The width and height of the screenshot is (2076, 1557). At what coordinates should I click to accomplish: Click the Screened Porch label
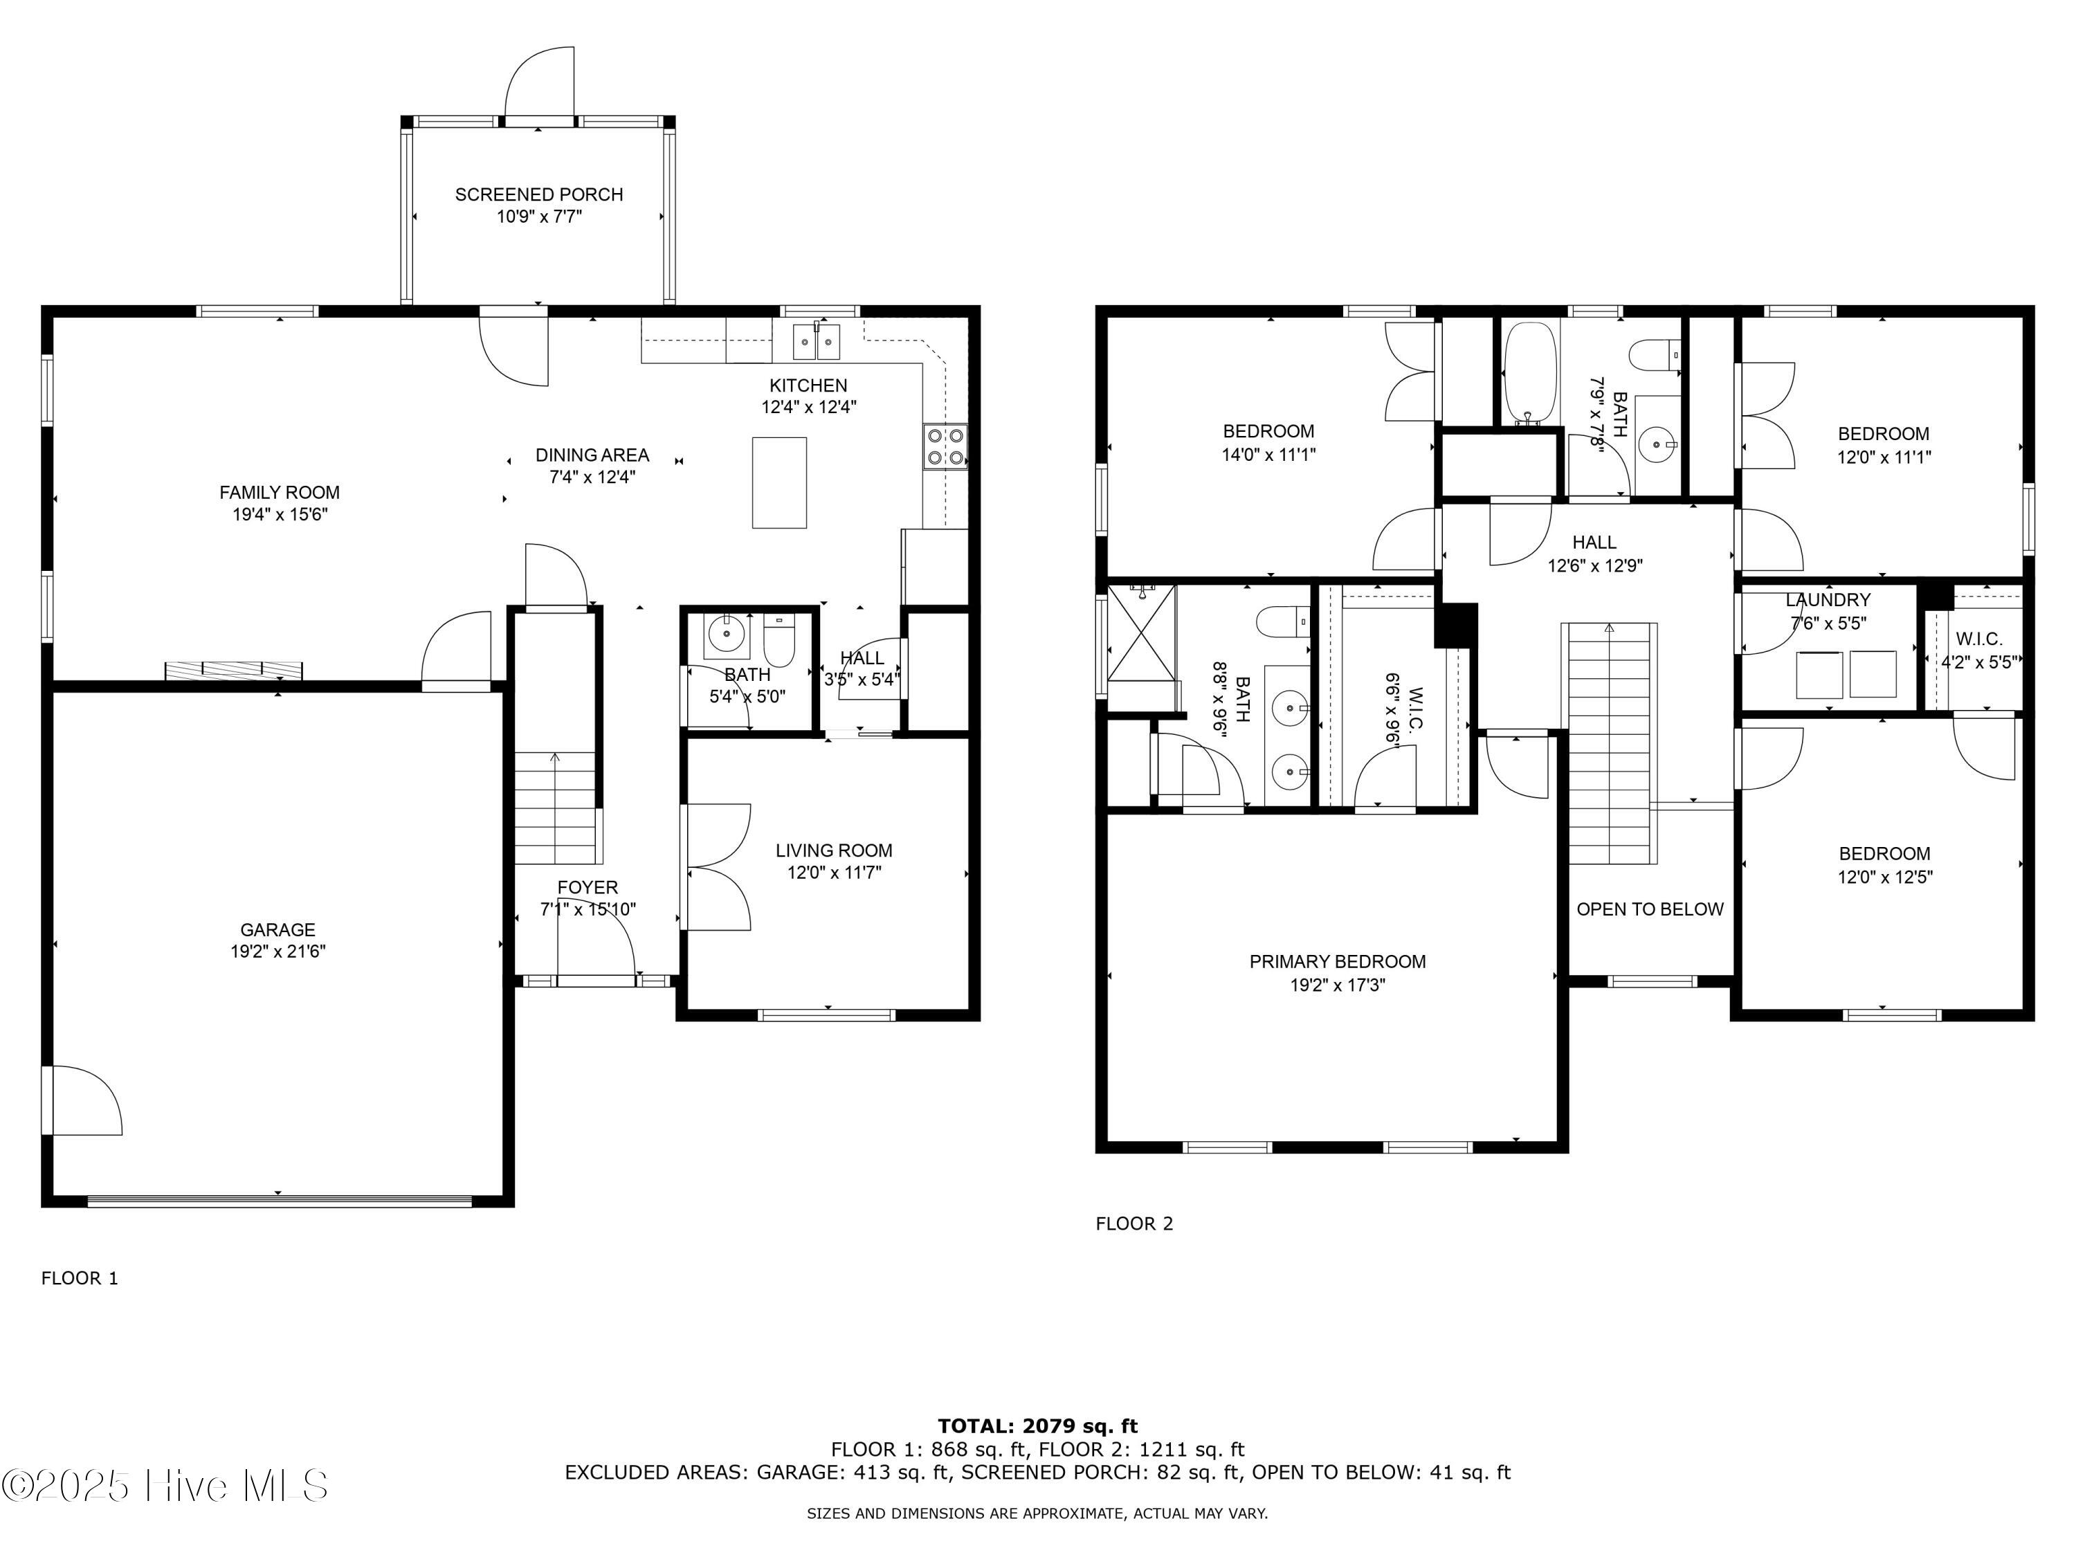click(x=538, y=194)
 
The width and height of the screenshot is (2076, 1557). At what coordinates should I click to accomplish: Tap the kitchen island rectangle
click(x=779, y=482)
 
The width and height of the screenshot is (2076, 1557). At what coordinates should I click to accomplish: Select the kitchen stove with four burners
click(x=946, y=447)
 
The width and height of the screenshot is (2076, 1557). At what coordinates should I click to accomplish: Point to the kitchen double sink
click(x=816, y=342)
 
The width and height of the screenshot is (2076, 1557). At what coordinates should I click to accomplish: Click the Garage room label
click(x=277, y=929)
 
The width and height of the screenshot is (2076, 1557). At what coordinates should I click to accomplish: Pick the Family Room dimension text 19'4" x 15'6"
click(x=280, y=514)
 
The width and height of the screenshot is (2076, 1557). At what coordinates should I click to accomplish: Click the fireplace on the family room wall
click(x=234, y=670)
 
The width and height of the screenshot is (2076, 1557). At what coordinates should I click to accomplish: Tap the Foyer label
click(x=588, y=887)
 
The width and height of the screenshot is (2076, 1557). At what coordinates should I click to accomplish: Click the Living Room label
click(x=833, y=850)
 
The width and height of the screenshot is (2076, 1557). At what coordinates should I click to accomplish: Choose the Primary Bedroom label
click(x=1338, y=961)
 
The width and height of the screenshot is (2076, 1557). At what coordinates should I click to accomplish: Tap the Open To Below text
click(x=1650, y=909)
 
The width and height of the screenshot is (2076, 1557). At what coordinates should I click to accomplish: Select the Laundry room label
click(x=1828, y=600)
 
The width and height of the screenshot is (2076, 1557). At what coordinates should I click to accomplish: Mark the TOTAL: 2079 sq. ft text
click(x=1038, y=1426)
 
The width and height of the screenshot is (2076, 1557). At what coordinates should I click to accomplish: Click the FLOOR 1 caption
click(x=80, y=1277)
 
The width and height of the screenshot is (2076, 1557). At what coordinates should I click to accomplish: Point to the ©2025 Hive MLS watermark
click(x=165, y=1486)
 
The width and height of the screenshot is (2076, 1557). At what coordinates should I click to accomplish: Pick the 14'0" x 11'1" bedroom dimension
click(x=1269, y=454)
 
